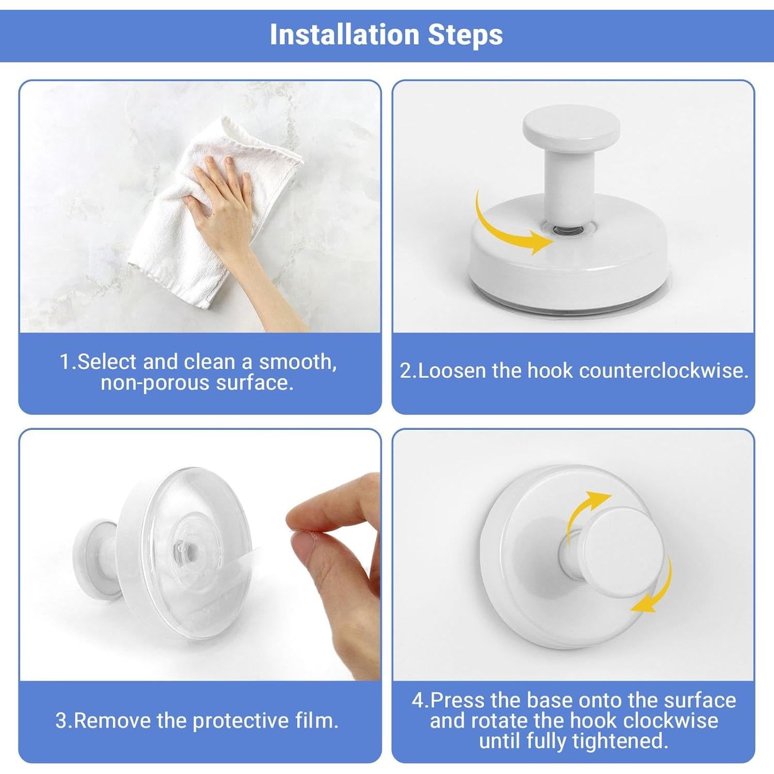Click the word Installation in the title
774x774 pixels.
pyautogui.click(x=344, y=35)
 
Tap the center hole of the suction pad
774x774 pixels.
pyautogui.click(x=190, y=549)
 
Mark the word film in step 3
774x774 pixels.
pyautogui.click(x=320, y=721)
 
